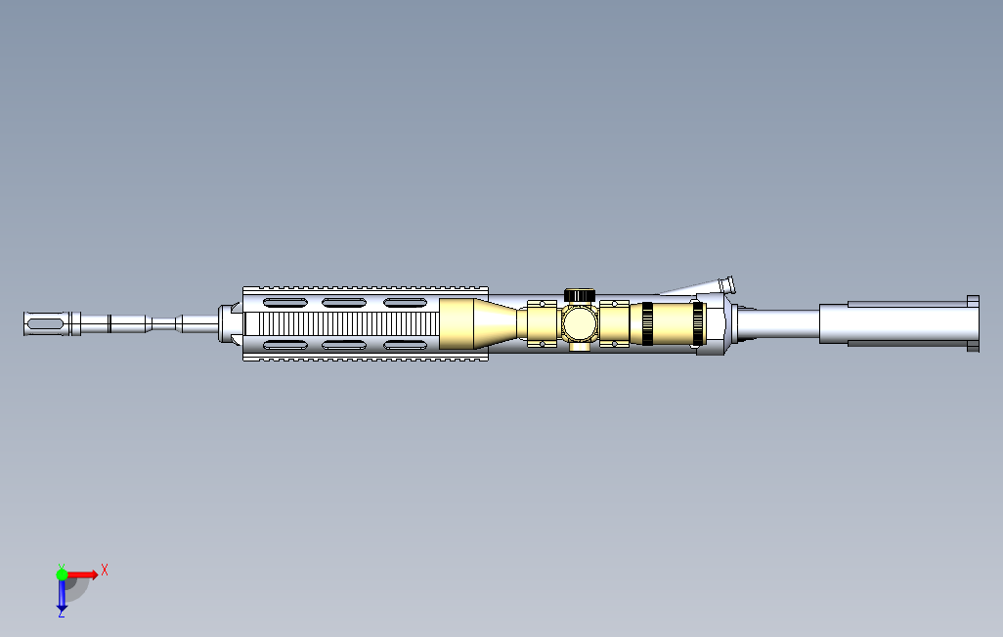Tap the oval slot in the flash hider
click(42, 322)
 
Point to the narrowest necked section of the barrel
click(162, 322)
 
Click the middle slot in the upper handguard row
click(343, 302)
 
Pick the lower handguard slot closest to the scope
click(405, 345)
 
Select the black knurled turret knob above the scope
click(580, 294)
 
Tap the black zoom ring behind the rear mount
click(647, 323)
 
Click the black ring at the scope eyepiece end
click(698, 324)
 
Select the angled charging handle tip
click(727, 284)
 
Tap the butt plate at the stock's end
click(973, 323)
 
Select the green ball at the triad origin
click(62, 574)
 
